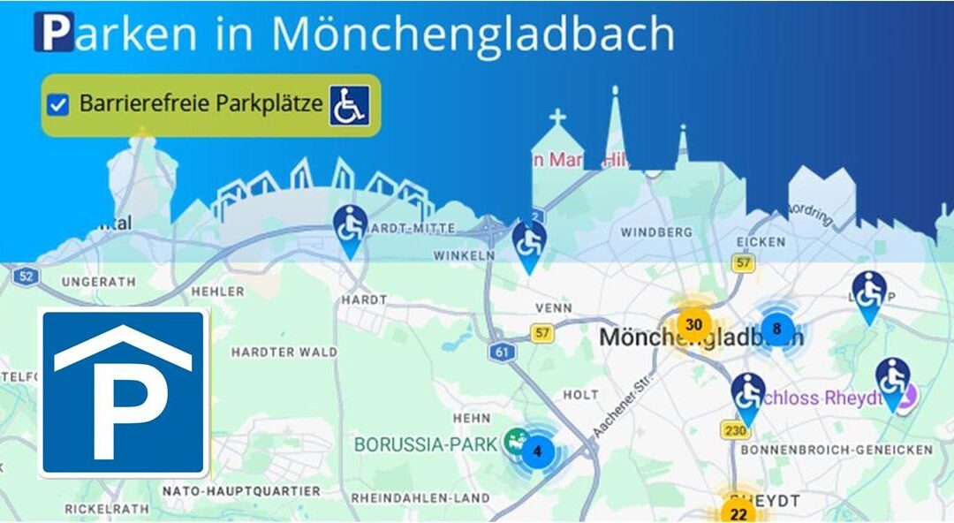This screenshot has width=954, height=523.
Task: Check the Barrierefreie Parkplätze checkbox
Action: click(58, 105)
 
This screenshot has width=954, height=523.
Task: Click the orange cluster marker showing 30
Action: click(693, 325)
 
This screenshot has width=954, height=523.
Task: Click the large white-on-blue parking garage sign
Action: click(123, 392)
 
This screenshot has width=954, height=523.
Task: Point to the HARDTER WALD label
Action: click(284, 352)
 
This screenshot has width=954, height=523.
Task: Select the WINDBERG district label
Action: click(655, 232)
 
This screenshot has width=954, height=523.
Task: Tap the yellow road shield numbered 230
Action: click(735, 431)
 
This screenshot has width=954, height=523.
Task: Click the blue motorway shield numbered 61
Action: click(503, 352)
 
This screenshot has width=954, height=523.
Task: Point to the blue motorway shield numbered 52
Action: click(26, 276)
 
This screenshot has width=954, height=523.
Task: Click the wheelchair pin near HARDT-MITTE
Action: click(351, 227)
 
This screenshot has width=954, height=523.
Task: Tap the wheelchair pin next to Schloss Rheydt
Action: click(892, 379)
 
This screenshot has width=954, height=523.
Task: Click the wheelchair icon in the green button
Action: click(350, 105)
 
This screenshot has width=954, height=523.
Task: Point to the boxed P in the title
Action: click(54, 32)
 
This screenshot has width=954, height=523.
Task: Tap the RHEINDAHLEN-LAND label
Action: click(420, 498)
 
